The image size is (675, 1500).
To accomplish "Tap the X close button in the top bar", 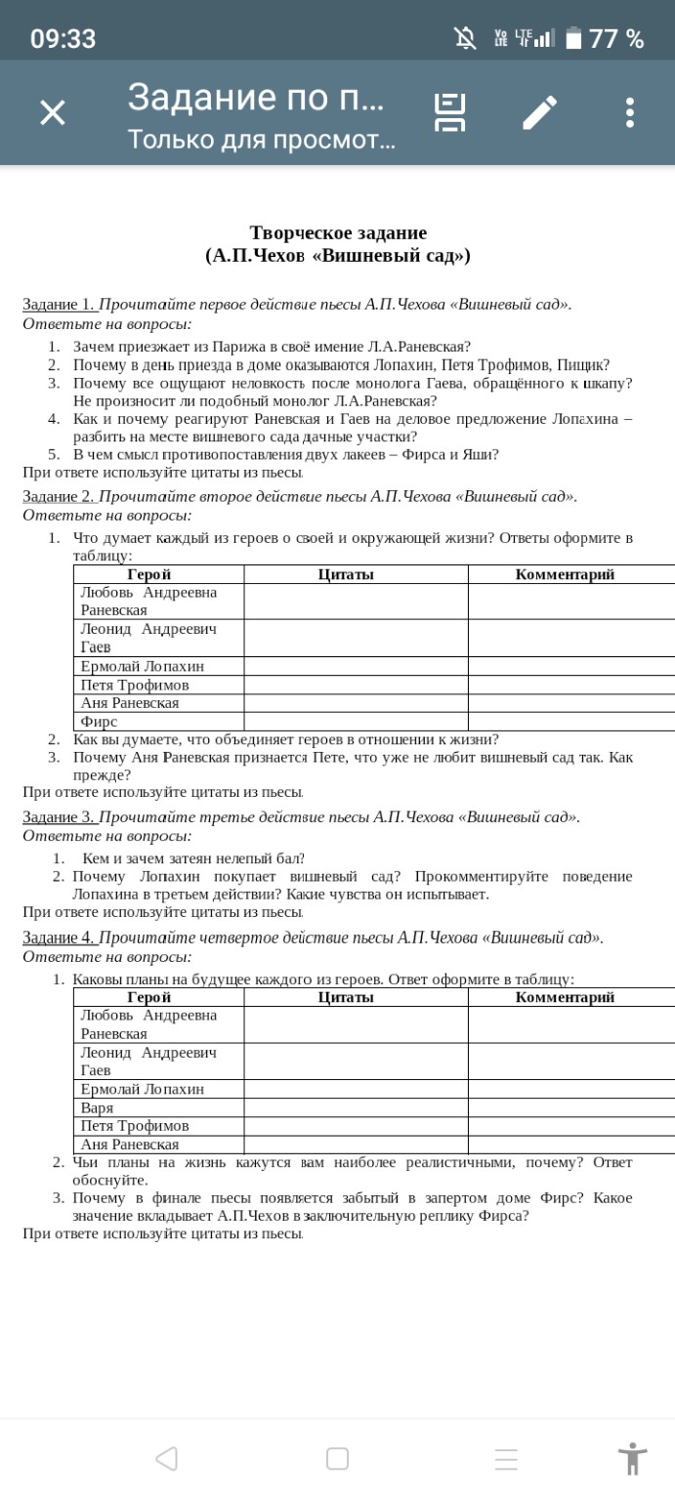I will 53,112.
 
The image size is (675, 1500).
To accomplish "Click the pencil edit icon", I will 539,112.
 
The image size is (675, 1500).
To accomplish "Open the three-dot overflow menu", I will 629,112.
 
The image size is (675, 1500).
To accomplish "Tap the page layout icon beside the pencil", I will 449,112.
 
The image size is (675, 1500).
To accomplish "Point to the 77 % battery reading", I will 615,39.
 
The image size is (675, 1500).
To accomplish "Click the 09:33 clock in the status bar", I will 63,39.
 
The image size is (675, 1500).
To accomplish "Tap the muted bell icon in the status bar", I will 465,38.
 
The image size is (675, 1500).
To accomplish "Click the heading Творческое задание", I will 338,232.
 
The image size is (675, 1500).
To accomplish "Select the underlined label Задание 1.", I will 59,304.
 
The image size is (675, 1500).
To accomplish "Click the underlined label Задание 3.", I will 59,817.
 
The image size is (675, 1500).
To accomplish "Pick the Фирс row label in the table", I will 99,722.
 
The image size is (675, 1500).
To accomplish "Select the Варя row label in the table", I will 97,1107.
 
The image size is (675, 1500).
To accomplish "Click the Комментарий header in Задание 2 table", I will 565,574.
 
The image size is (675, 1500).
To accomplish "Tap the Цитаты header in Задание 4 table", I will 346,997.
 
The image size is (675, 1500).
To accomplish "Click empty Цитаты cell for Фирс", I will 356,722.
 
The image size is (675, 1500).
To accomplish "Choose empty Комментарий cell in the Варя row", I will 570,1107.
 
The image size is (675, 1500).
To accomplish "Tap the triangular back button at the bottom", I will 166,1458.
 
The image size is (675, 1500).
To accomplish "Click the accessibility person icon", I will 632,1458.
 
